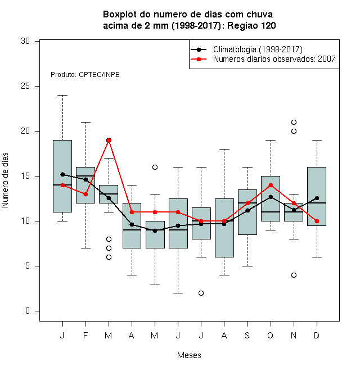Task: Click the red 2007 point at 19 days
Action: [x=109, y=141]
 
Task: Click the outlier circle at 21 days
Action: [x=294, y=123]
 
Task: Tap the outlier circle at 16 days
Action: [x=155, y=168]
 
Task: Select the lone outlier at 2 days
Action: [x=201, y=293]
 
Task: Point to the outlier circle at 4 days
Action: [x=294, y=275]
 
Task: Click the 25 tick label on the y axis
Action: [x=25, y=86]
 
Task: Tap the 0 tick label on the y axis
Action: [x=28, y=311]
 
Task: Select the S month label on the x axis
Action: [x=247, y=336]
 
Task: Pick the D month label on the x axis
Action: [x=317, y=336]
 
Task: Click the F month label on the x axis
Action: [x=85, y=336]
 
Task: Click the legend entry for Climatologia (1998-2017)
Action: [x=246, y=49]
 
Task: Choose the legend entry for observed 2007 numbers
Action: [x=263, y=59]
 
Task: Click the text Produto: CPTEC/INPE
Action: [x=85, y=75]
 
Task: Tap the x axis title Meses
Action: [x=189, y=355]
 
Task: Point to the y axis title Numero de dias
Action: [x=5, y=180]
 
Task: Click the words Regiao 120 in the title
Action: [x=251, y=25]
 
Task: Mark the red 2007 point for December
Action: [x=317, y=221]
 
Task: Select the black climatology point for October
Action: [x=271, y=197]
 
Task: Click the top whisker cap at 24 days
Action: [x=62, y=96]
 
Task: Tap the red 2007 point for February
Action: [x=85, y=194]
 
